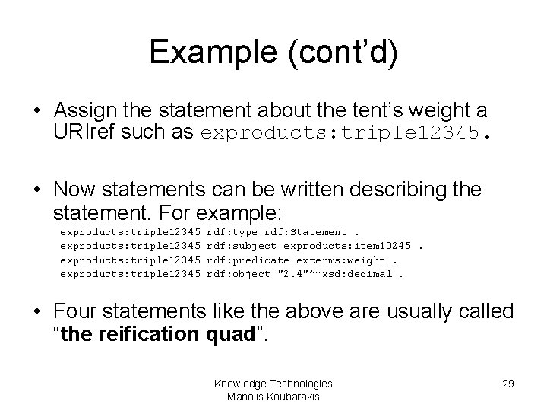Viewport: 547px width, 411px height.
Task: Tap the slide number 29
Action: point(508,384)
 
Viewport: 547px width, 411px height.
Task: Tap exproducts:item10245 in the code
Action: point(347,246)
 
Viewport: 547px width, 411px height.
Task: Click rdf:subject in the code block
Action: point(241,246)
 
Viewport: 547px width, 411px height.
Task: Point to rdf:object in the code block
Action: point(238,273)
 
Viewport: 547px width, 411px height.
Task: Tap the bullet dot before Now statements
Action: point(36,186)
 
